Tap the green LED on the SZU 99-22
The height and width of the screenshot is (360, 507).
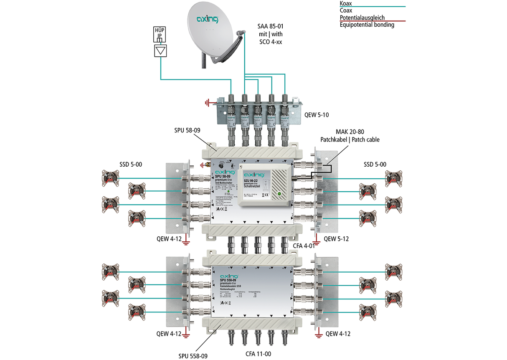tap(279, 193)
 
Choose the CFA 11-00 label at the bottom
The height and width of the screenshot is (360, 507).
tap(257, 353)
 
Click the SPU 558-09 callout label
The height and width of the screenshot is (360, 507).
tap(193, 356)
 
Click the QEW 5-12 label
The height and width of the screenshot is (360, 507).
tap(337, 239)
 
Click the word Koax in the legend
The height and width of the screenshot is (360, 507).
tap(347, 3)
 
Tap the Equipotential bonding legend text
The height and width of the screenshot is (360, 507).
tap(367, 25)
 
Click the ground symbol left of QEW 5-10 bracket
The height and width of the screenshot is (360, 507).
tap(207, 101)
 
